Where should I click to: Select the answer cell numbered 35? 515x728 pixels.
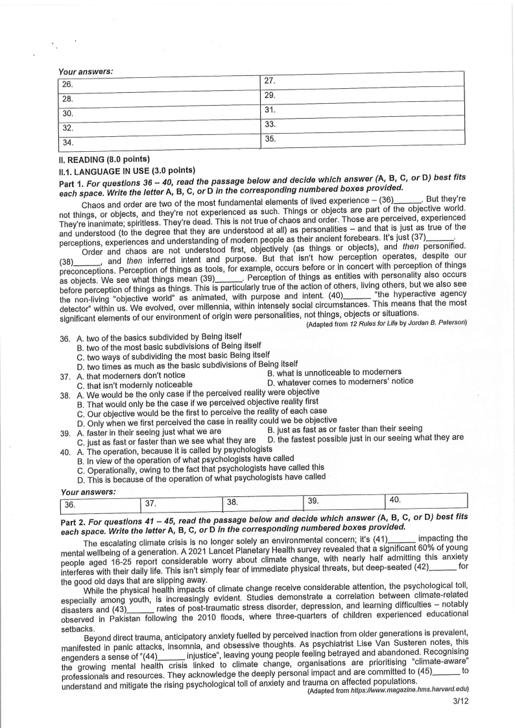coord(363,138)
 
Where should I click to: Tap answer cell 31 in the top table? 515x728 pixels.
coord(363,109)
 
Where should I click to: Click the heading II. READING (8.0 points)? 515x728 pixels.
coord(104,160)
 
